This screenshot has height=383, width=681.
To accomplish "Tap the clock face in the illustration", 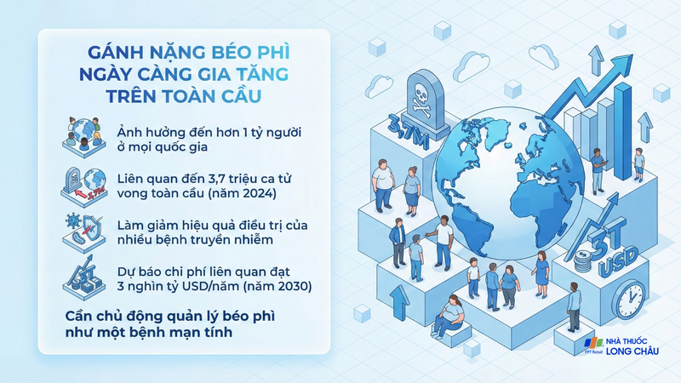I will point(632,300).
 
